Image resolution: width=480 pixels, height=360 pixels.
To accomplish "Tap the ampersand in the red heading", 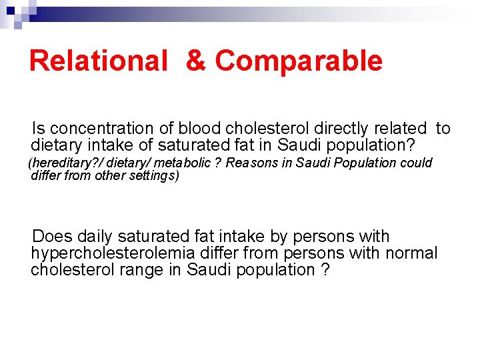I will (196, 61).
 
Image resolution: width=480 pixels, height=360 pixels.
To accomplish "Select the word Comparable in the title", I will (299, 61).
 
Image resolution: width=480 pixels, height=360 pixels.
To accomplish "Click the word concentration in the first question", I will (99, 128).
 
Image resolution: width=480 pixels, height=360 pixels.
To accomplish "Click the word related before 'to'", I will (402, 128).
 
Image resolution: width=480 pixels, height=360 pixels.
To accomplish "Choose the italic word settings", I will (154, 176).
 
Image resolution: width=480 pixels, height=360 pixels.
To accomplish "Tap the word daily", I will (95, 237).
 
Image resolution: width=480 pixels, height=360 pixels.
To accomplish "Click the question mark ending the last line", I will (325, 270).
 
